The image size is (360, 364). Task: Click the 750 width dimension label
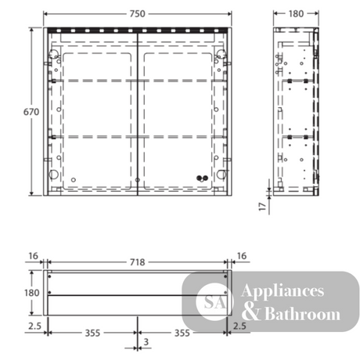pyautogui.click(x=137, y=14)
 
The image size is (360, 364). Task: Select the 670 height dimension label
pyautogui.click(x=31, y=112)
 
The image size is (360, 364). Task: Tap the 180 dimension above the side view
pyautogui.click(x=296, y=14)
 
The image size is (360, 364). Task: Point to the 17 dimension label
pyautogui.click(x=262, y=207)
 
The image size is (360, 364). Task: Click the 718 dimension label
pyautogui.click(x=137, y=262)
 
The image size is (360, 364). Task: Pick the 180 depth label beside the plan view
pyautogui.click(x=32, y=293)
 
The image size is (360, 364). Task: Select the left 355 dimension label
pyautogui.click(x=92, y=333)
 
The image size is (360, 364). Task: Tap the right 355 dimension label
pyautogui.click(x=182, y=333)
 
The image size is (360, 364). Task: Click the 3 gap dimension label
pyautogui.click(x=146, y=342)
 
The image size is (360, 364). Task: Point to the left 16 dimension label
pyautogui.click(x=33, y=256)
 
